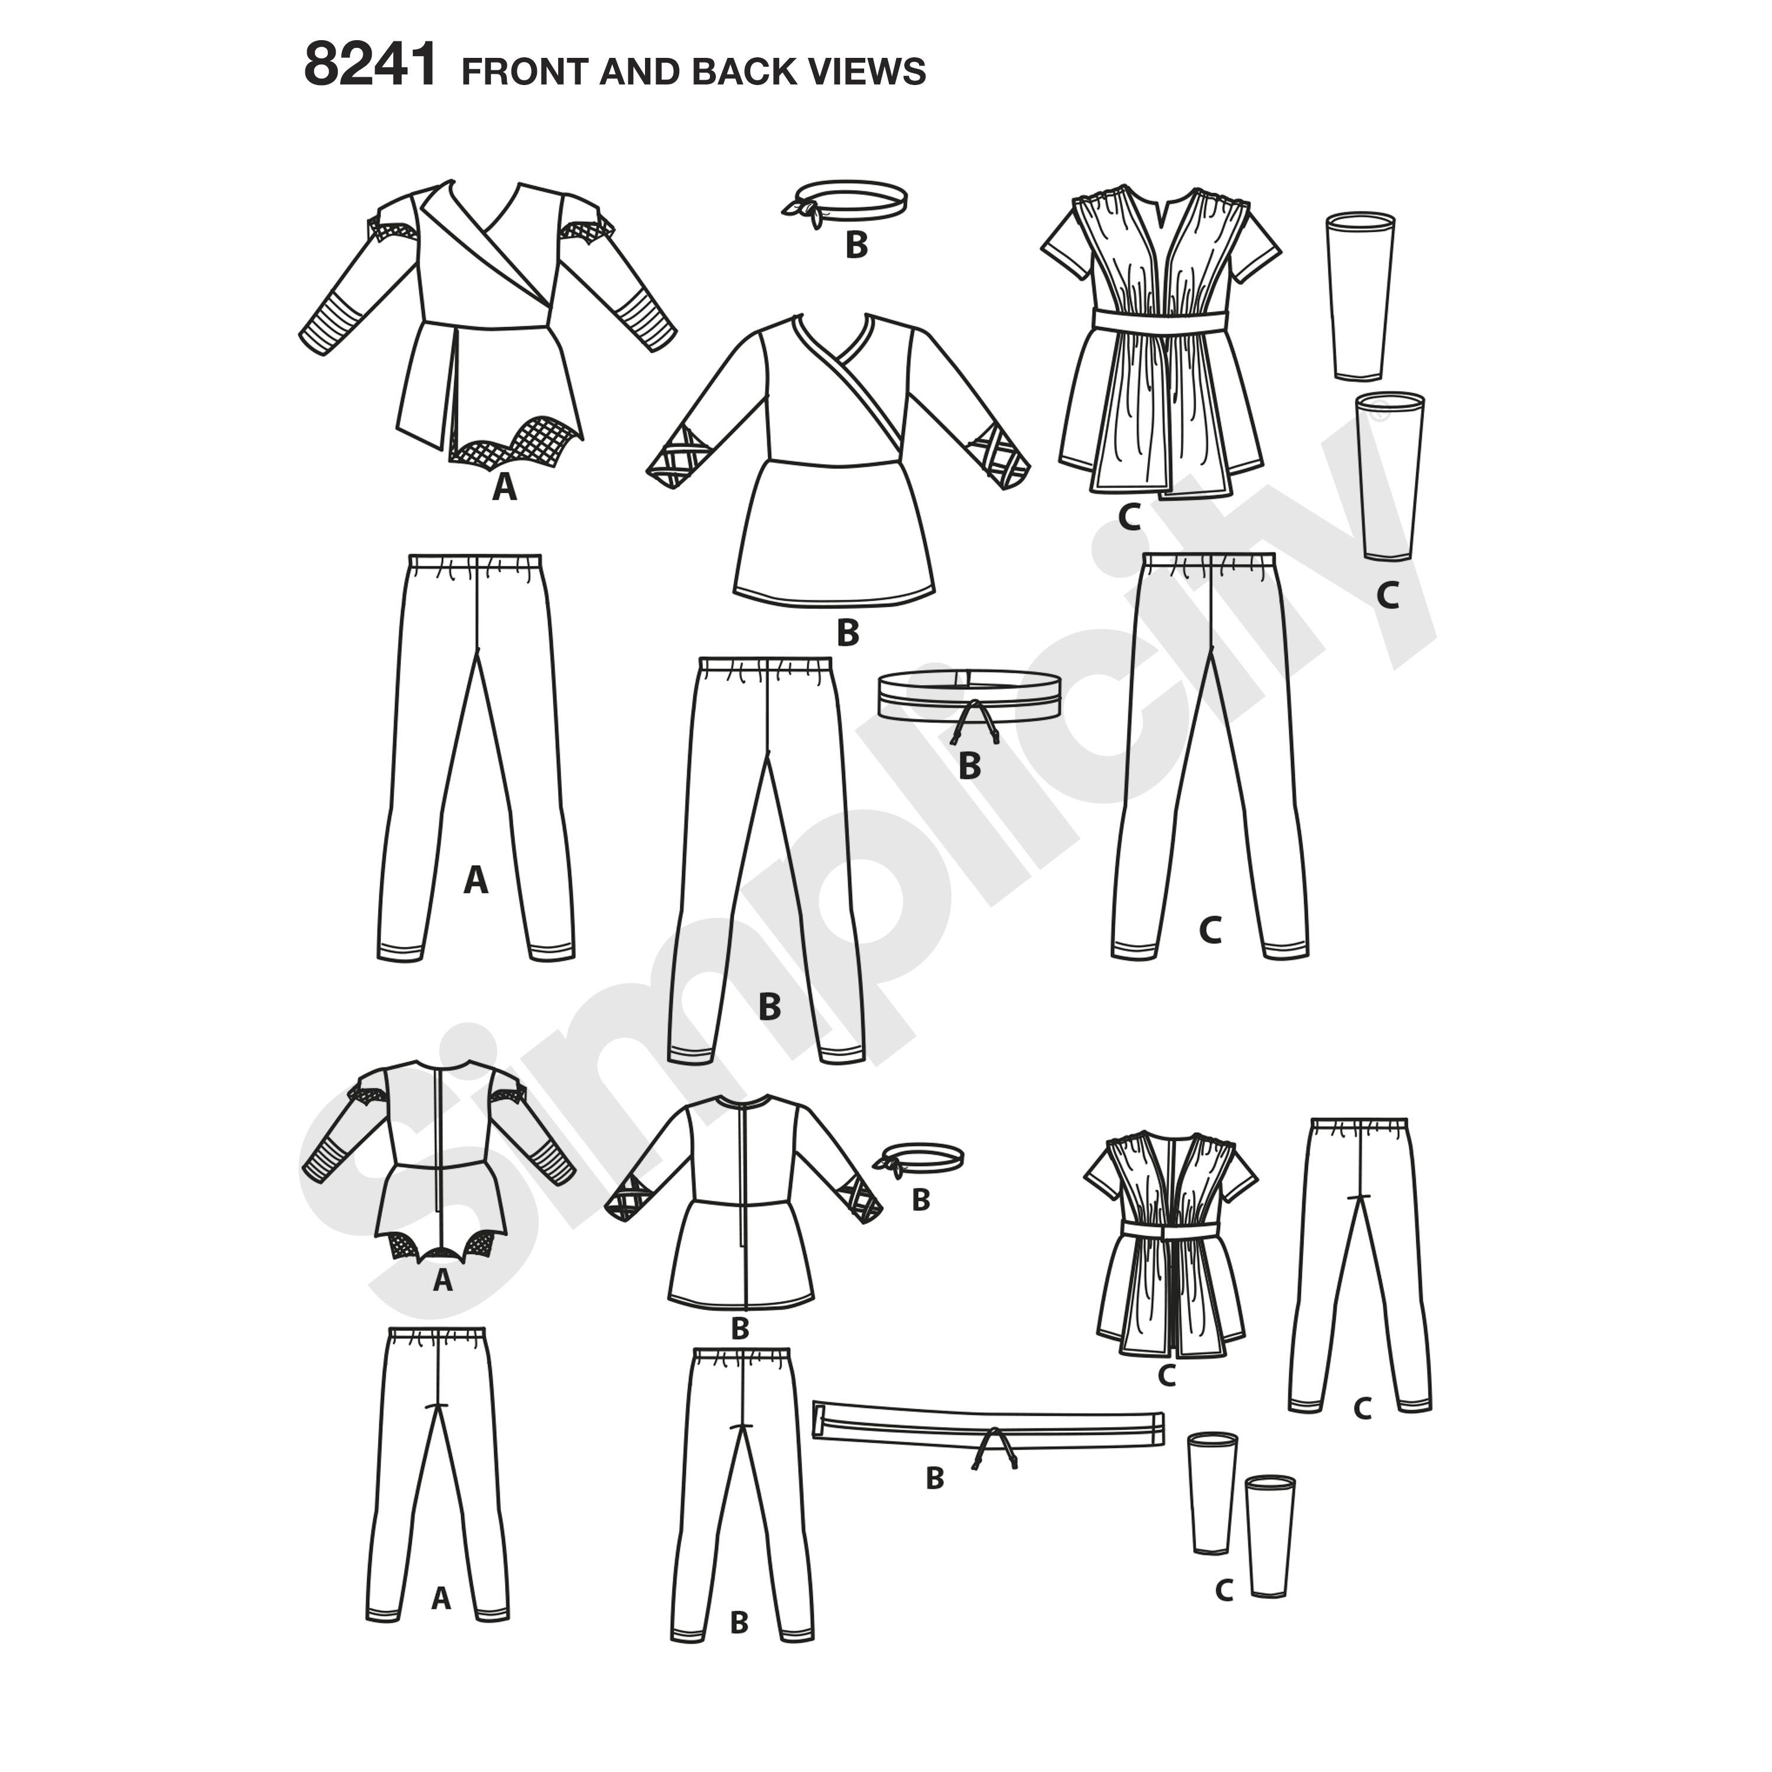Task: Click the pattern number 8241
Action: point(370,66)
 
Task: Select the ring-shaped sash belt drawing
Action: point(969,697)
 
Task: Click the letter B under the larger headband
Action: point(856,245)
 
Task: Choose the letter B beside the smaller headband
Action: point(921,1200)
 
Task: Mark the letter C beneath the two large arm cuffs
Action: point(1387,596)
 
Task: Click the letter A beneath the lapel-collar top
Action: point(504,487)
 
